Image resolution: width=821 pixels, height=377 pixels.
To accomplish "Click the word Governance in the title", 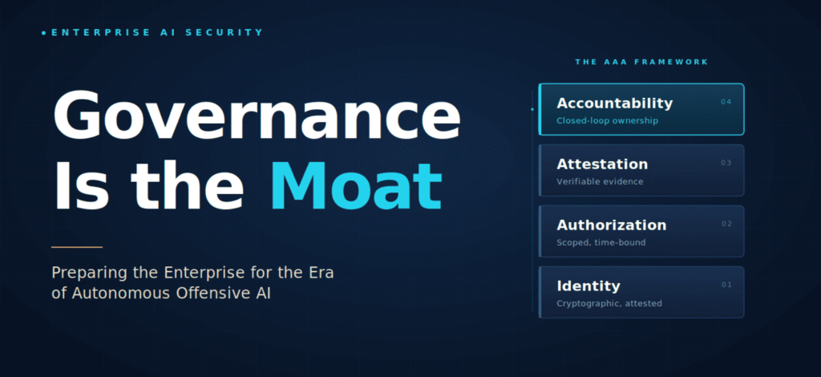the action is click(x=257, y=114).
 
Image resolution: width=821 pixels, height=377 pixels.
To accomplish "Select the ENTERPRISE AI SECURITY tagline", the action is click(x=158, y=32).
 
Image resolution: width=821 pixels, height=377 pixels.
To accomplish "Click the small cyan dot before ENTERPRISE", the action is click(x=44, y=33).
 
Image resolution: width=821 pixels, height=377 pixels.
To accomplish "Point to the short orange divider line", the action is click(x=77, y=246).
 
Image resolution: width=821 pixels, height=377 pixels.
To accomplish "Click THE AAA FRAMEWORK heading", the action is click(x=641, y=62).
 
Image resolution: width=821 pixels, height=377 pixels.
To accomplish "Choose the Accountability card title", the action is click(x=614, y=103).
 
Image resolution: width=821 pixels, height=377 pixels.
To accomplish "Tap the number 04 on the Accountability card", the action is click(x=726, y=102).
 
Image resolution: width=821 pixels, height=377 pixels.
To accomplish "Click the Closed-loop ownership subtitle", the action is click(x=607, y=121).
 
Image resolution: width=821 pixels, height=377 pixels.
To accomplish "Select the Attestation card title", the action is click(x=602, y=164).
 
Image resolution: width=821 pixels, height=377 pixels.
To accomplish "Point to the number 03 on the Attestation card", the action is click(x=726, y=163).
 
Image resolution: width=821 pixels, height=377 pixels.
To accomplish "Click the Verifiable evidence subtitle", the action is click(x=600, y=182).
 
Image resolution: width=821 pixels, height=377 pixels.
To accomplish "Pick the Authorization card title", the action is click(x=612, y=225).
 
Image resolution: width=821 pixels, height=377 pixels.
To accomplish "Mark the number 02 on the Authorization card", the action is click(x=726, y=224).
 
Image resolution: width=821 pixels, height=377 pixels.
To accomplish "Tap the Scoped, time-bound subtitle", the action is click(x=601, y=242).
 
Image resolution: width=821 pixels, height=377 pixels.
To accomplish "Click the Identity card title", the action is click(x=588, y=286).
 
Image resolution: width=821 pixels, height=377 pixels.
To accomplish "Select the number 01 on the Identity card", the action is click(x=726, y=285).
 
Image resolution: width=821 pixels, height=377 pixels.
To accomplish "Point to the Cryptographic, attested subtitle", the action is click(x=609, y=304).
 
